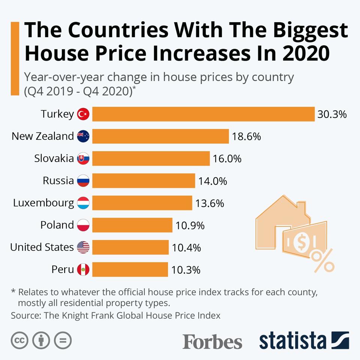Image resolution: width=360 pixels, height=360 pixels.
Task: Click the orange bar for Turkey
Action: (203, 114)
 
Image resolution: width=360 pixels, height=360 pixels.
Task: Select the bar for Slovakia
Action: (151, 158)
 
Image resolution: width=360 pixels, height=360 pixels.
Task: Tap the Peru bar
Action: (130, 269)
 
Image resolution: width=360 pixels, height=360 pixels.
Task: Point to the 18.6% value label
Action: (246, 136)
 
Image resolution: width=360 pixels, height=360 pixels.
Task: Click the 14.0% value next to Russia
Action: (213, 181)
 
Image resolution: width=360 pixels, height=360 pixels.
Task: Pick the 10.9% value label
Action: (190, 225)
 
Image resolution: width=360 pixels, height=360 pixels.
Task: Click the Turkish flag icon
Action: (83, 114)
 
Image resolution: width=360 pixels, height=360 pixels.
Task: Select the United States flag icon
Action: (83, 247)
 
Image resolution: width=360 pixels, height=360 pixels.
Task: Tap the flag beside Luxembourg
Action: (83, 203)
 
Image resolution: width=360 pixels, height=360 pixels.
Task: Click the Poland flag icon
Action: (83, 225)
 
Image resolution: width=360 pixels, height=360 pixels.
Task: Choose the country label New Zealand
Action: (42, 136)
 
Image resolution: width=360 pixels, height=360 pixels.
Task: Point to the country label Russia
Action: (58, 181)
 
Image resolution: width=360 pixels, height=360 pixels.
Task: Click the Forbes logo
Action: (212, 341)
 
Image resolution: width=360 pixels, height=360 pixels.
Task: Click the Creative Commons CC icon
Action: (20, 340)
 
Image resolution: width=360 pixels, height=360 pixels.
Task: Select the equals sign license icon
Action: (63, 340)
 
